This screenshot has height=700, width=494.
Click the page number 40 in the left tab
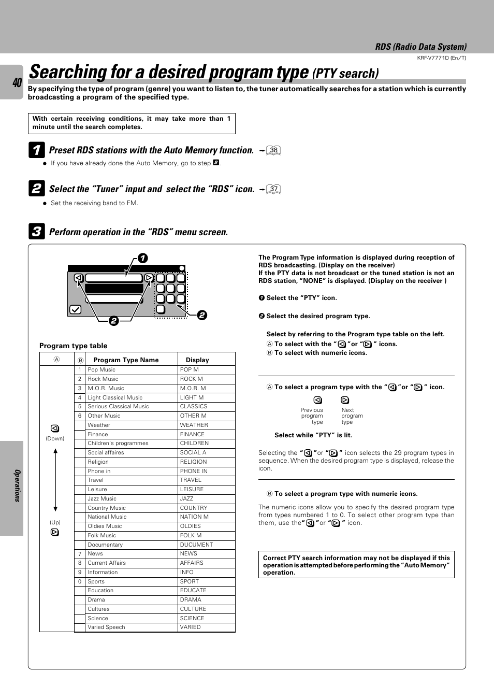(17, 82)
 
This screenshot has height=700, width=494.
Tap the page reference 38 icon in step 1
(273, 151)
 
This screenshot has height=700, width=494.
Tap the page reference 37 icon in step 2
(273, 189)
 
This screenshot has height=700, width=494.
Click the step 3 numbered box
(36, 232)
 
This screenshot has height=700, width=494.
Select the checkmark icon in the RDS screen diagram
(75, 309)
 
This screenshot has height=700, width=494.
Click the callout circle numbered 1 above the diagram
(142, 258)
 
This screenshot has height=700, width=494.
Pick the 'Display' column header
(197, 360)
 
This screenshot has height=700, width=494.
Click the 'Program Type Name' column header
(126, 360)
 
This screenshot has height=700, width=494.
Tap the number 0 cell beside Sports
(80, 581)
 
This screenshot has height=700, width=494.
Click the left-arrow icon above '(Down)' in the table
(55, 428)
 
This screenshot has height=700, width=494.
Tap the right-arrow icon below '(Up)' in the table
(55, 532)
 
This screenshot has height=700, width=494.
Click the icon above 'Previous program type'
(318, 400)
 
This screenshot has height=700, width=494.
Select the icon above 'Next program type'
(345, 400)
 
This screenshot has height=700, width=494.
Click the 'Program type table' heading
(74, 346)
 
